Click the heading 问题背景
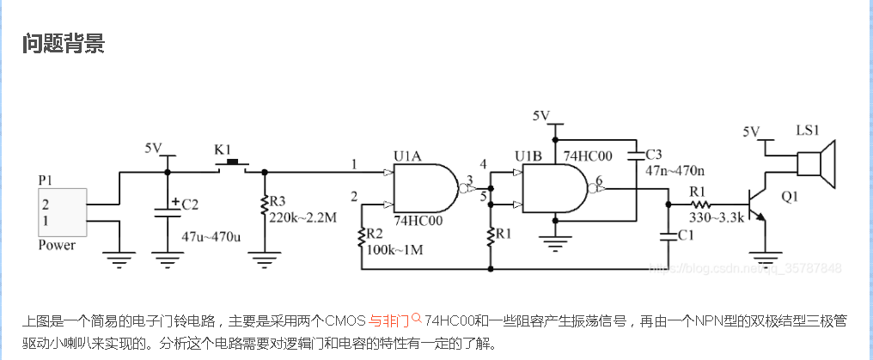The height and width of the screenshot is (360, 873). [64, 44]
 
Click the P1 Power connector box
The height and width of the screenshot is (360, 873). [62, 213]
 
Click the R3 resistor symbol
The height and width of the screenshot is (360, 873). [264, 207]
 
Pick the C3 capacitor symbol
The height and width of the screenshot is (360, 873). [636, 158]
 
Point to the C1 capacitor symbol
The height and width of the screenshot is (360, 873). [668, 233]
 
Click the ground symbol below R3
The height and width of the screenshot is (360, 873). [264, 254]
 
